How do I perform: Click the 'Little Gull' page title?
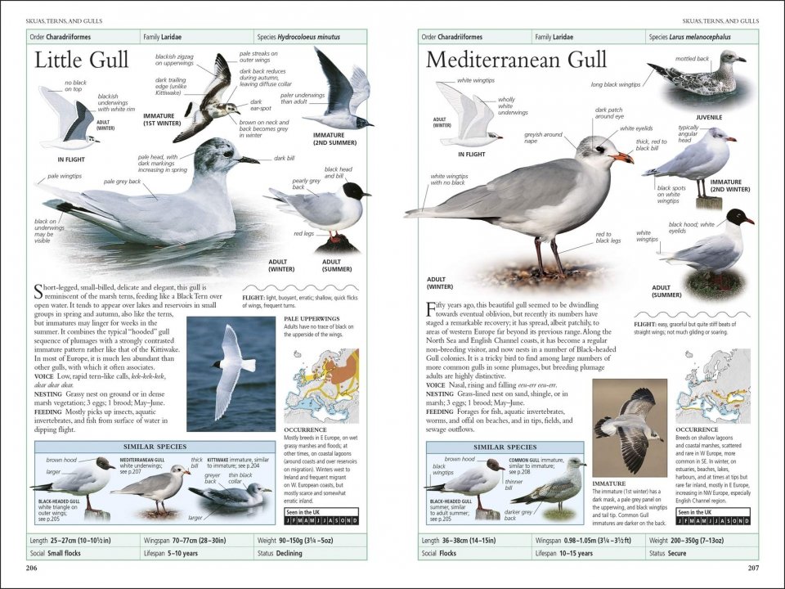(x=82, y=60)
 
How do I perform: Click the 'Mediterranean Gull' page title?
(x=516, y=60)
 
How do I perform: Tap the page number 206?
(x=32, y=568)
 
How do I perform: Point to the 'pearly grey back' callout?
(x=306, y=184)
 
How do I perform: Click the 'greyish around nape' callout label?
(x=543, y=137)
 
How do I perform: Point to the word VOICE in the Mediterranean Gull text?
(x=437, y=384)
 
